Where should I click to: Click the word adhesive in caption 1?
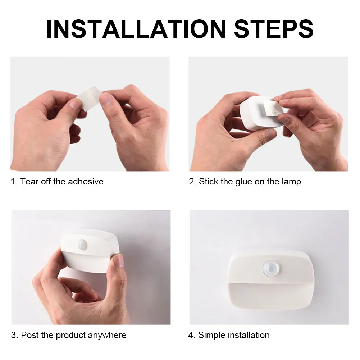[x=85, y=182]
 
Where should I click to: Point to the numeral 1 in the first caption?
[x=13, y=182]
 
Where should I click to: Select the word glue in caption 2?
[x=244, y=182]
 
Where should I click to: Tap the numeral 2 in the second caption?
[x=192, y=182]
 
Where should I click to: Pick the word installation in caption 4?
[x=249, y=335]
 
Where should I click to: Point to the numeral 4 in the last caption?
[x=191, y=335]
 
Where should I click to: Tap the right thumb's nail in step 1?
[x=106, y=99]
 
